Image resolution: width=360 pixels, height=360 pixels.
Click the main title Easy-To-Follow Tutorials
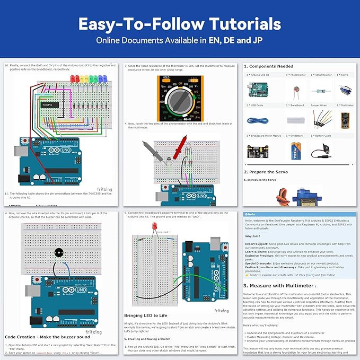tap(180, 24)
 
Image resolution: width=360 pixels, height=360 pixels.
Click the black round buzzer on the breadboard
tap(57, 253)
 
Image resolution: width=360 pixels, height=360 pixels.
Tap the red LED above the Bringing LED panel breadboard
tap(154, 227)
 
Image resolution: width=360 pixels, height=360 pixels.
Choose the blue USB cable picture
tap(258, 120)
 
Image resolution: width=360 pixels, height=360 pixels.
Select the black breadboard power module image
tap(258, 152)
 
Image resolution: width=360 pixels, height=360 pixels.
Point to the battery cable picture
tap(320, 151)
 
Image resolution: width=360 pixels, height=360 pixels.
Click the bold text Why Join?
tap(252, 236)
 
